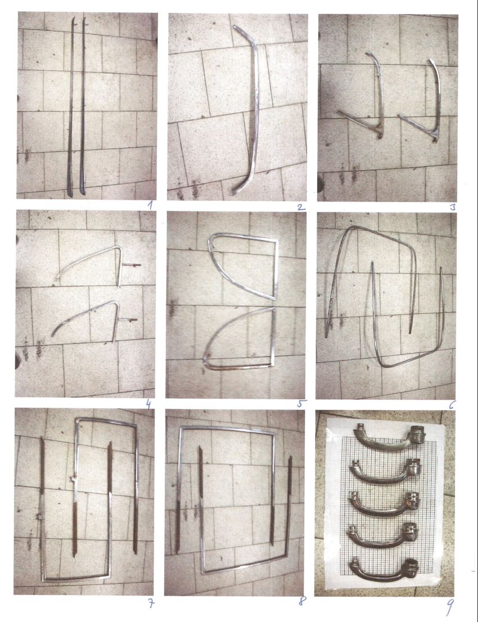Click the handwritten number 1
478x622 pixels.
[150, 205]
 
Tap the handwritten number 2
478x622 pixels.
[300, 206]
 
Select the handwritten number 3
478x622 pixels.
[452, 206]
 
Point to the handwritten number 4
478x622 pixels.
[148, 404]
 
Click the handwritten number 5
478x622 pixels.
[301, 403]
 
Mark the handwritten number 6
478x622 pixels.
[452, 404]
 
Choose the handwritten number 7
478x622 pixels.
[150, 603]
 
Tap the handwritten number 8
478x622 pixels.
[302, 601]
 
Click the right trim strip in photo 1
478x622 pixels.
[83, 107]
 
